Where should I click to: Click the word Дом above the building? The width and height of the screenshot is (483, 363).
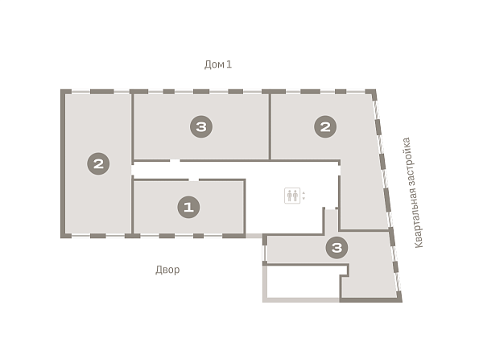[214, 64]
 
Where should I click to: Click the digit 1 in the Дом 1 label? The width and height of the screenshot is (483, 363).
[229, 64]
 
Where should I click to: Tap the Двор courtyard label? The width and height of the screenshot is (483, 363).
[167, 270]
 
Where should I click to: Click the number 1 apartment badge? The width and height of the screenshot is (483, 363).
[188, 207]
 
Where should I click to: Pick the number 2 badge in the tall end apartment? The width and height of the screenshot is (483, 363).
[98, 163]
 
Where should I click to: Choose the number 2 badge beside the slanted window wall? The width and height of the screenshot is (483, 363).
[325, 126]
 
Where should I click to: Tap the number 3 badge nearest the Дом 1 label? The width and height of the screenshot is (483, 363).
[201, 126]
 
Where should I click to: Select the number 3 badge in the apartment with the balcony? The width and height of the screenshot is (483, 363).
[336, 247]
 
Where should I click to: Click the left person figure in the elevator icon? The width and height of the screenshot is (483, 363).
[290, 196]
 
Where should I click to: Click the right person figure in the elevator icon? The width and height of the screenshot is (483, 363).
[295, 196]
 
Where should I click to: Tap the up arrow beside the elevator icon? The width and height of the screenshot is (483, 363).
[303, 192]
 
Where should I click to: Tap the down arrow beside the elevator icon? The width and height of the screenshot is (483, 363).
[303, 199]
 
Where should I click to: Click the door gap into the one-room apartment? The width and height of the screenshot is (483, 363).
[193, 179]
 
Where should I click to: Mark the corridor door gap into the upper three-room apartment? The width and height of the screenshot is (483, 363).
[175, 160]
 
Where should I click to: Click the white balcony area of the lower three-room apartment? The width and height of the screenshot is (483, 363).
[303, 282]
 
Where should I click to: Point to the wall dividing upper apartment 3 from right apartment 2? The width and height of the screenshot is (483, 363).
[270, 126]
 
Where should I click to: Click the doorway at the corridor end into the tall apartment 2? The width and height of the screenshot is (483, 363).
[133, 170]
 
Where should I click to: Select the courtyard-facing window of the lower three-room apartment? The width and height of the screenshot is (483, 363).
[264, 252]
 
